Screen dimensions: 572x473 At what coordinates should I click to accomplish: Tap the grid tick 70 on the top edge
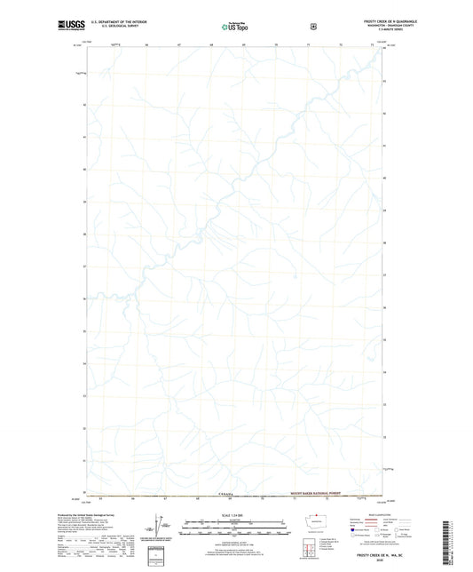pos(276,44)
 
